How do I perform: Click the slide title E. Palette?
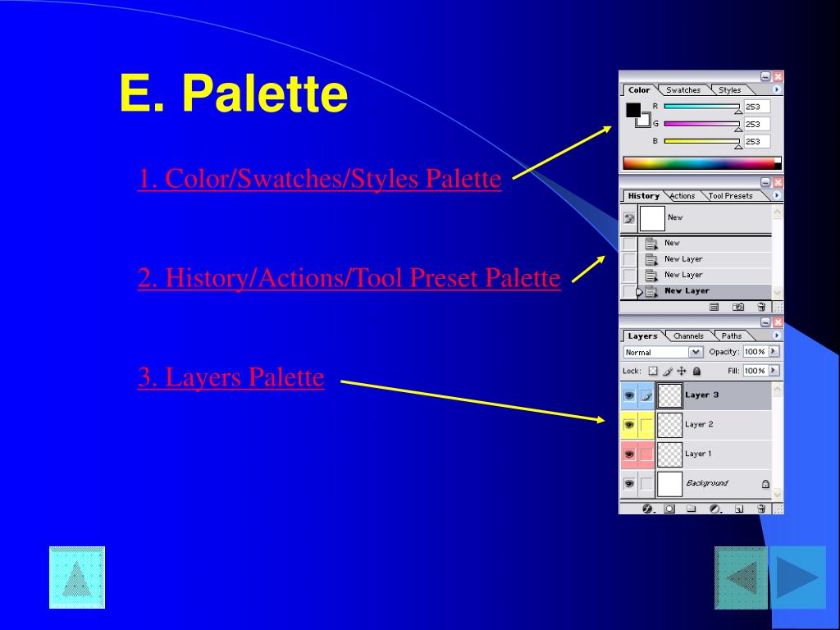tap(234, 94)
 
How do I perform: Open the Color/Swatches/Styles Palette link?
tap(319, 179)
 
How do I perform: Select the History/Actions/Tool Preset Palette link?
tap(349, 278)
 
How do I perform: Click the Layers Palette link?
tap(231, 377)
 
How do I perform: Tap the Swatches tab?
tap(683, 90)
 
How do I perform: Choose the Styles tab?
tap(729, 90)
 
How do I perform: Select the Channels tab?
tap(688, 336)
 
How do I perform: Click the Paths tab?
tap(731, 336)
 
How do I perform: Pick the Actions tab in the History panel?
tap(682, 196)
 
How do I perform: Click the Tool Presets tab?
tap(730, 196)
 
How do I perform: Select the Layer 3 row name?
tap(701, 395)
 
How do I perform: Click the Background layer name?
tap(706, 483)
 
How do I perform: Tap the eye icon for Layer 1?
tap(628, 454)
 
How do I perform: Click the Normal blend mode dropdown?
tap(663, 352)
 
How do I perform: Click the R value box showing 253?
tap(756, 107)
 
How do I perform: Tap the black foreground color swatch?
tap(633, 110)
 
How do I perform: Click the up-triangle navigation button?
tap(77, 577)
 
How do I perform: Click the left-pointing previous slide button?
tap(742, 577)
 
